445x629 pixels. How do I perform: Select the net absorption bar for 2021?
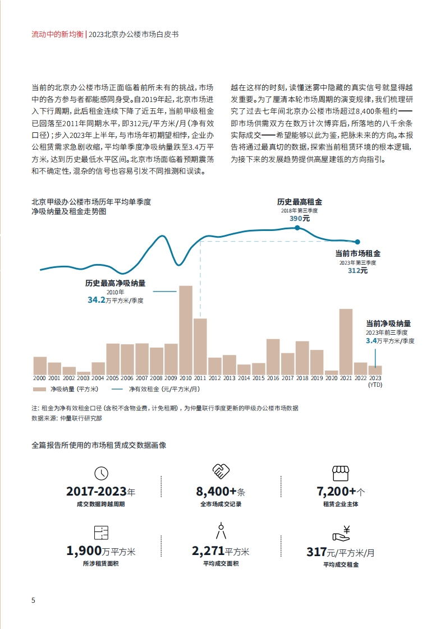click(x=346, y=341)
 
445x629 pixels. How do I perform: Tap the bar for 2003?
click(x=84, y=373)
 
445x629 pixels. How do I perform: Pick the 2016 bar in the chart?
click(x=273, y=356)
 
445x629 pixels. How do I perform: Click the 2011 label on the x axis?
click(x=200, y=379)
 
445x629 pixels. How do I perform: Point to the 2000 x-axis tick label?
click(x=40, y=379)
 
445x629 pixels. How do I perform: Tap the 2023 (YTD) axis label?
click(x=375, y=382)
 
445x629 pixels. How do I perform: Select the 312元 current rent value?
click(x=357, y=270)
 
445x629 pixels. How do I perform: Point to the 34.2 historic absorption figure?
click(x=97, y=300)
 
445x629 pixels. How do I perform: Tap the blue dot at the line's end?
click(x=358, y=242)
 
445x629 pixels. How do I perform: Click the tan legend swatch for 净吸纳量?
click(x=39, y=388)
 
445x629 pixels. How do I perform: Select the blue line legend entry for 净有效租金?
click(x=117, y=388)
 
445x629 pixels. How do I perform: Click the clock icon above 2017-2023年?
click(x=101, y=473)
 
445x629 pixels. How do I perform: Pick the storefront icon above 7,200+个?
click(x=340, y=472)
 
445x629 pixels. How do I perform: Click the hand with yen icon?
click(x=341, y=532)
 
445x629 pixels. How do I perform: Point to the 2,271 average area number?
click(x=208, y=551)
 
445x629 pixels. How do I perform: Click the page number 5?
click(x=33, y=600)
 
